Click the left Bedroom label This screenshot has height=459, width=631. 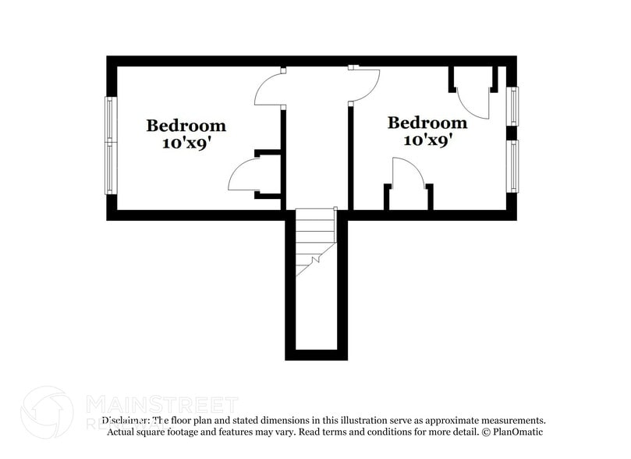click(x=186, y=125)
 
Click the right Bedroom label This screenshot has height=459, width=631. click(x=427, y=123)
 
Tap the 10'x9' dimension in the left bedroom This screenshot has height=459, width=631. click(x=186, y=144)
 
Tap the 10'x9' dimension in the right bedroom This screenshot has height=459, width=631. click(x=427, y=141)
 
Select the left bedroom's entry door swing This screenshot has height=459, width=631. click(x=271, y=90)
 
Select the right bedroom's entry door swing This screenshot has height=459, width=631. click(x=363, y=84)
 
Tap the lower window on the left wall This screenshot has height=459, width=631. click(x=111, y=168)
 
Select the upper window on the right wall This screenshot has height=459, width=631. click(x=512, y=105)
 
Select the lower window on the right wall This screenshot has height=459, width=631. click(x=512, y=165)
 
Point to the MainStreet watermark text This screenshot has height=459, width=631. click(x=160, y=405)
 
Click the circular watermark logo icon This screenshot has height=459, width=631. click(x=47, y=411)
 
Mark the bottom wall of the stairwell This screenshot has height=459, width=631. click(x=316, y=355)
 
